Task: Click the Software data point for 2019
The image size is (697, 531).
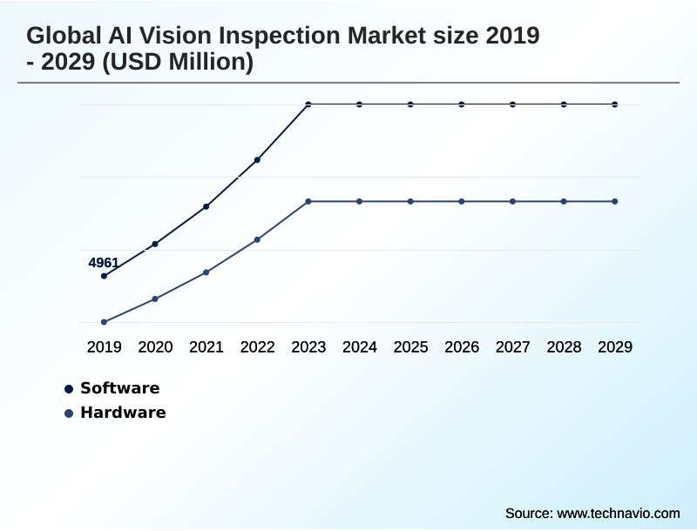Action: point(104,276)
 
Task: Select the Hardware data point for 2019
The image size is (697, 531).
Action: point(104,322)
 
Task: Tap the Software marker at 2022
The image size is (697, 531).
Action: point(257,160)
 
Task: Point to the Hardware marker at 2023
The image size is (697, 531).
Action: point(308,201)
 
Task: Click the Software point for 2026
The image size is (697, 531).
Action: point(462,104)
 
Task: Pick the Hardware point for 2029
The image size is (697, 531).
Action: point(615,201)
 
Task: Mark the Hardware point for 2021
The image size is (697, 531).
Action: point(206,272)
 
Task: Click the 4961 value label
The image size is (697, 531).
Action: point(104,263)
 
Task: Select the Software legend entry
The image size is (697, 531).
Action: point(119,388)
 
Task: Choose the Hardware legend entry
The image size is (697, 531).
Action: point(122,413)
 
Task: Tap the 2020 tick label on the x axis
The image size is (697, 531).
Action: point(155,346)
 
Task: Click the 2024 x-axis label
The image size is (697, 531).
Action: point(360,346)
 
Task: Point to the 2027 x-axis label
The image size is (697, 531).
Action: point(513,346)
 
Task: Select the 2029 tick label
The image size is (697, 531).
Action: point(615,346)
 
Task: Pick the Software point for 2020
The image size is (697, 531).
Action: point(155,244)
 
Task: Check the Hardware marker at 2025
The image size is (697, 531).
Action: point(410,201)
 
